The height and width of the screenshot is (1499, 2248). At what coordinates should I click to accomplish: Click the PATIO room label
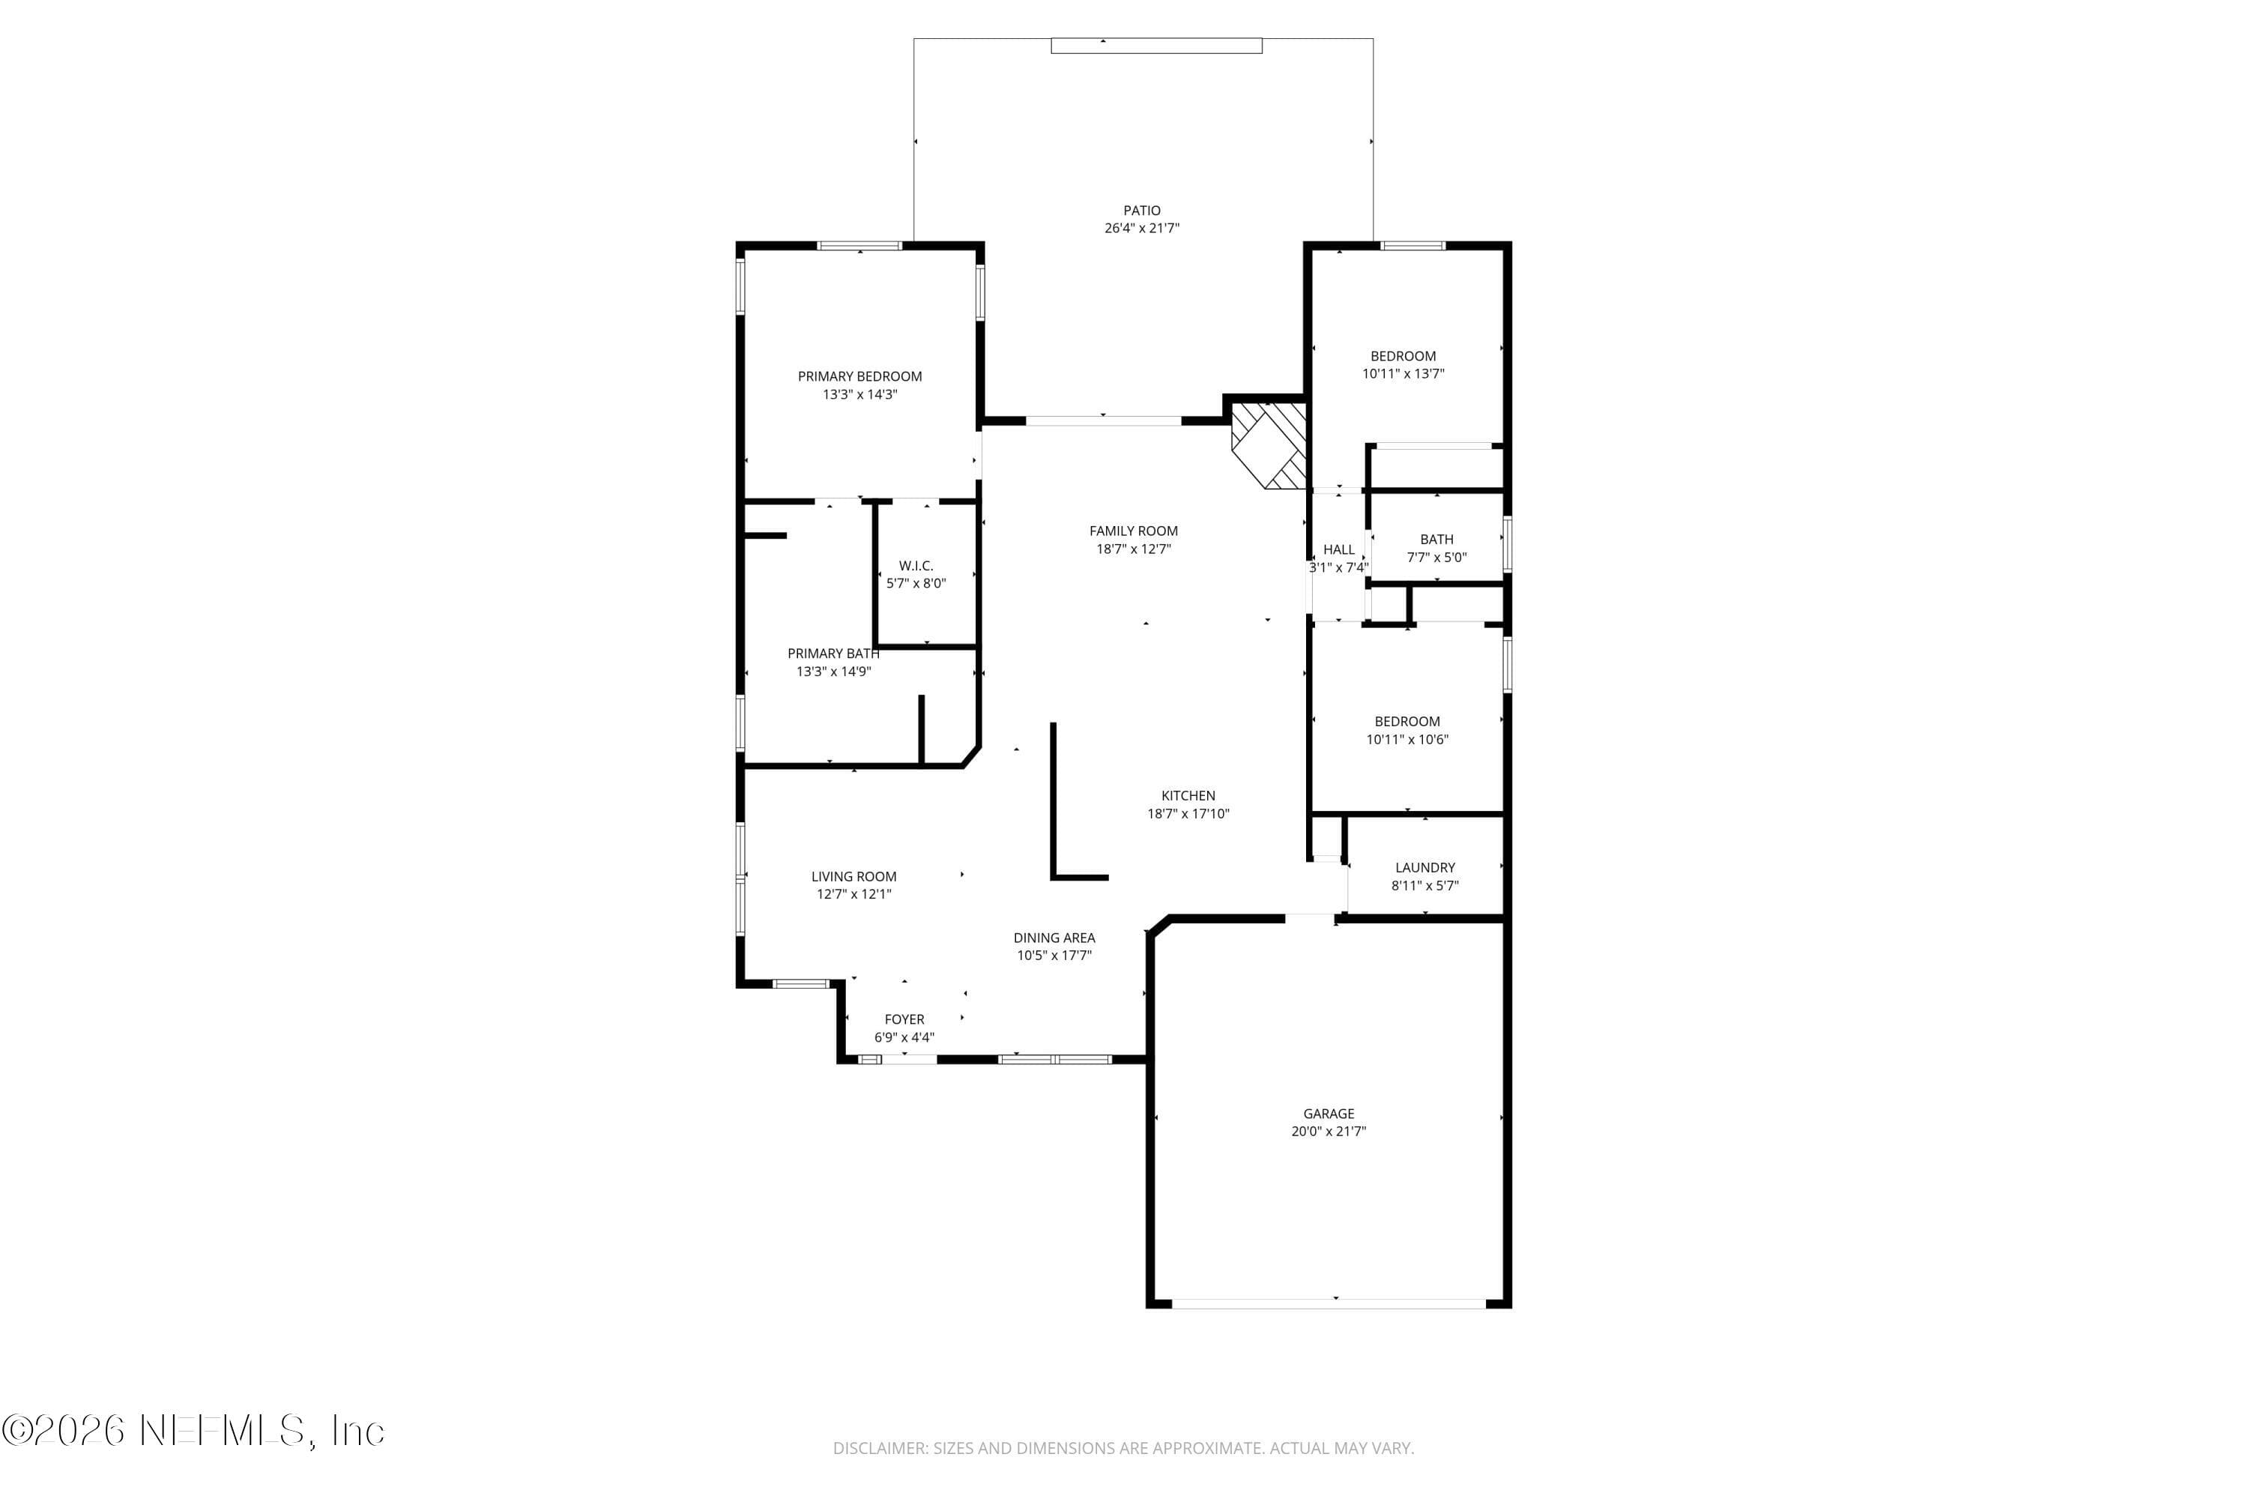[1141, 211]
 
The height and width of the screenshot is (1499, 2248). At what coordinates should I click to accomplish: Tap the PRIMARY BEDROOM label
[859, 377]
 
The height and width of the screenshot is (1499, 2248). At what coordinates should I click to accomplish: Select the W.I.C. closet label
[916, 566]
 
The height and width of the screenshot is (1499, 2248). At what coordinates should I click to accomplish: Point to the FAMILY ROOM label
[1134, 531]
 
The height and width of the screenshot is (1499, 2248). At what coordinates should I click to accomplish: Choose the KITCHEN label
[1188, 796]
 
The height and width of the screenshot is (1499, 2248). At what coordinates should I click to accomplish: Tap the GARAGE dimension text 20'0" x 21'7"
[1329, 1132]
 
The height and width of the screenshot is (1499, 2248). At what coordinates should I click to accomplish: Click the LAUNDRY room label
[1424, 868]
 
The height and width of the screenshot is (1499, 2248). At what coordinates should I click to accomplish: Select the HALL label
[1338, 549]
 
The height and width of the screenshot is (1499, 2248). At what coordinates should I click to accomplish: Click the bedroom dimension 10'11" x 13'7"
[1403, 375]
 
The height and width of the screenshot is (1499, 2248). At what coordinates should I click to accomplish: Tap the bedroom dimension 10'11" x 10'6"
[1407, 740]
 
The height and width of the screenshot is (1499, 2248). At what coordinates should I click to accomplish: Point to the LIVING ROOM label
[853, 877]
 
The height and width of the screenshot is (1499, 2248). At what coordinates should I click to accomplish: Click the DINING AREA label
[1054, 938]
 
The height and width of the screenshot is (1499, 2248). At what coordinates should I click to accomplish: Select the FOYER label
[904, 1020]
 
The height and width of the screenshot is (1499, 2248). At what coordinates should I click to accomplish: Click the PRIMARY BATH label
[833, 654]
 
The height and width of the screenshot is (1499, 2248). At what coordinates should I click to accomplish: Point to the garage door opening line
[1329, 1303]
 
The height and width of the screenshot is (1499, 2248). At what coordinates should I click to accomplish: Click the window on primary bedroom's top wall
[859, 246]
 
